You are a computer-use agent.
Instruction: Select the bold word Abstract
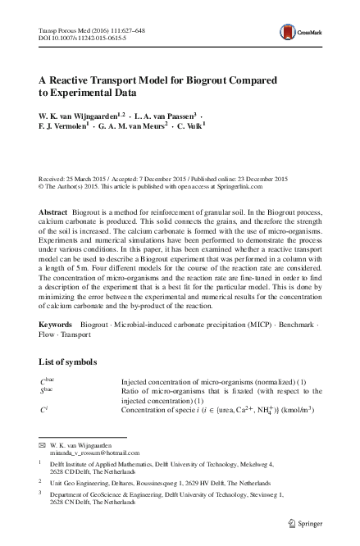(x=53, y=212)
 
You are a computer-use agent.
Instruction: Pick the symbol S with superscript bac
(x=47, y=415)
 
